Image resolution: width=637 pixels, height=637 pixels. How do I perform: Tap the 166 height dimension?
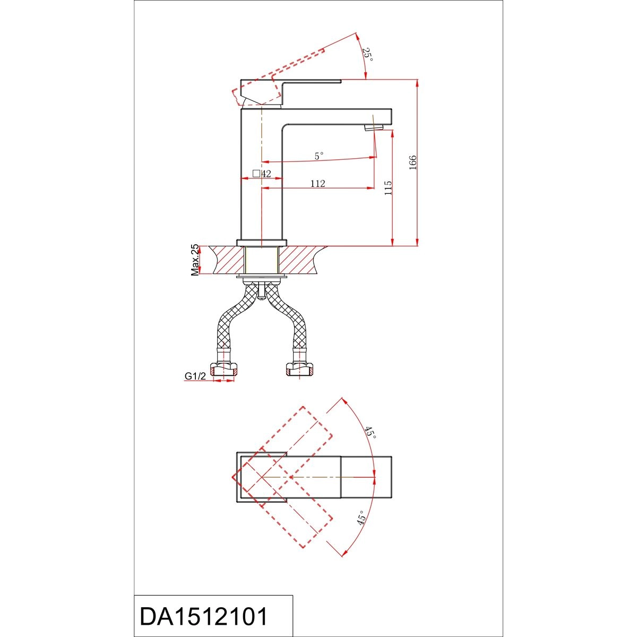tap(413, 162)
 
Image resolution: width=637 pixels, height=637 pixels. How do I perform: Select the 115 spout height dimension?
tap(389, 187)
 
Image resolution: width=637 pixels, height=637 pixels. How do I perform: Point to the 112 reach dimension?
tap(317, 183)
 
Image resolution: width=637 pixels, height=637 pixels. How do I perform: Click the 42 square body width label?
tap(262, 174)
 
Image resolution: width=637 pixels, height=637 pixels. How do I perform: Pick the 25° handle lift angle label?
tap(368, 55)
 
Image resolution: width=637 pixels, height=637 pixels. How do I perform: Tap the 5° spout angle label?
tap(319, 156)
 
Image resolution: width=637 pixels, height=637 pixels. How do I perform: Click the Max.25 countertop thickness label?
tap(195, 260)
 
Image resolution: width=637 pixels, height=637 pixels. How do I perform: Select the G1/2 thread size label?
tap(195, 376)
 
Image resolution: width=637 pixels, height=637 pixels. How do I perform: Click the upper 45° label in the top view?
tap(370, 433)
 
